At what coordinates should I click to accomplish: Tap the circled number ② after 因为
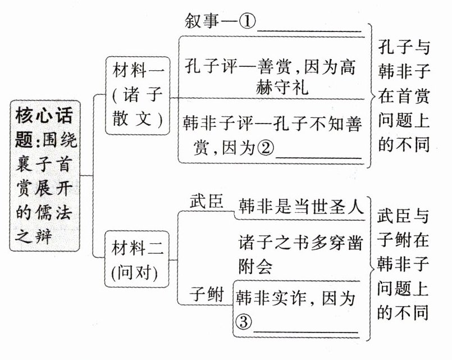tap(266, 148)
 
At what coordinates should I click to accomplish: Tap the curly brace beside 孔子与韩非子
tap(369, 95)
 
